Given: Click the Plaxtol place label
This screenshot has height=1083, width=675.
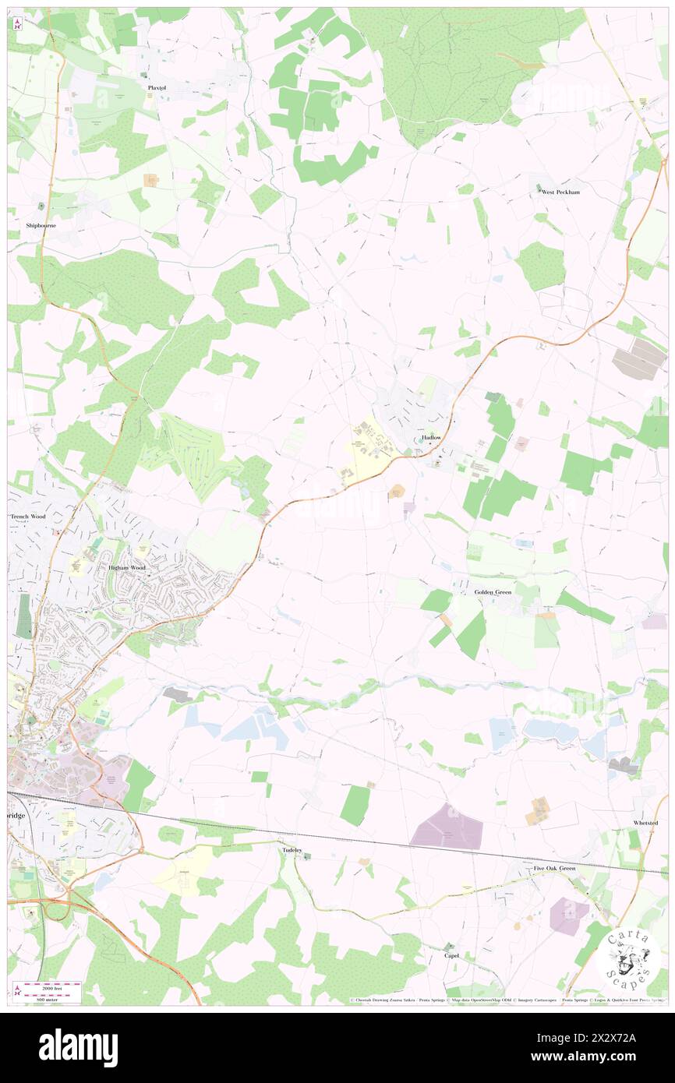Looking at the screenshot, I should pos(157,88).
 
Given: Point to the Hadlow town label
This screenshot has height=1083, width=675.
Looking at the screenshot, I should pos(431,438).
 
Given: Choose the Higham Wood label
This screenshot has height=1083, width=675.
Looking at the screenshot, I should pos(127,568).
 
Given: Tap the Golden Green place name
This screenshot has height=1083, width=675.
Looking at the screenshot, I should pos(493,592).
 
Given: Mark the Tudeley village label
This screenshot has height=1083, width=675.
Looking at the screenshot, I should pos(291,851).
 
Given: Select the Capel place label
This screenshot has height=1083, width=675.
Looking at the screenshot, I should pos(451,955).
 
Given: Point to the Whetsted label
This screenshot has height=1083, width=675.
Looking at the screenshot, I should pos(645,823).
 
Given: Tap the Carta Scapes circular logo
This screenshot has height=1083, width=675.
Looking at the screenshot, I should pos(627,954).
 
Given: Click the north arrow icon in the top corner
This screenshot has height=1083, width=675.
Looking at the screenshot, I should pos(17,24).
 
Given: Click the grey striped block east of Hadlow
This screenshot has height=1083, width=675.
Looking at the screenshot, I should pos(639,360).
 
